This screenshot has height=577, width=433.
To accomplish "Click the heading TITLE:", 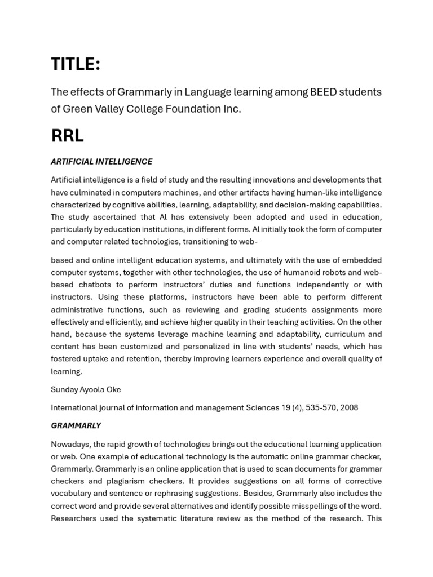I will coord(76,65).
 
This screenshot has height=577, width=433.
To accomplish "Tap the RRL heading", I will coord(67,136).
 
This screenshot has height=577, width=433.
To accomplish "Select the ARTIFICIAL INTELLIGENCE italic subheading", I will coord(101,162).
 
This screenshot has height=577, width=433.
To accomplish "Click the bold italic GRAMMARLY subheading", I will coord(76,425).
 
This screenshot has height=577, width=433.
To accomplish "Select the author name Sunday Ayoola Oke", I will coord(86,389).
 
